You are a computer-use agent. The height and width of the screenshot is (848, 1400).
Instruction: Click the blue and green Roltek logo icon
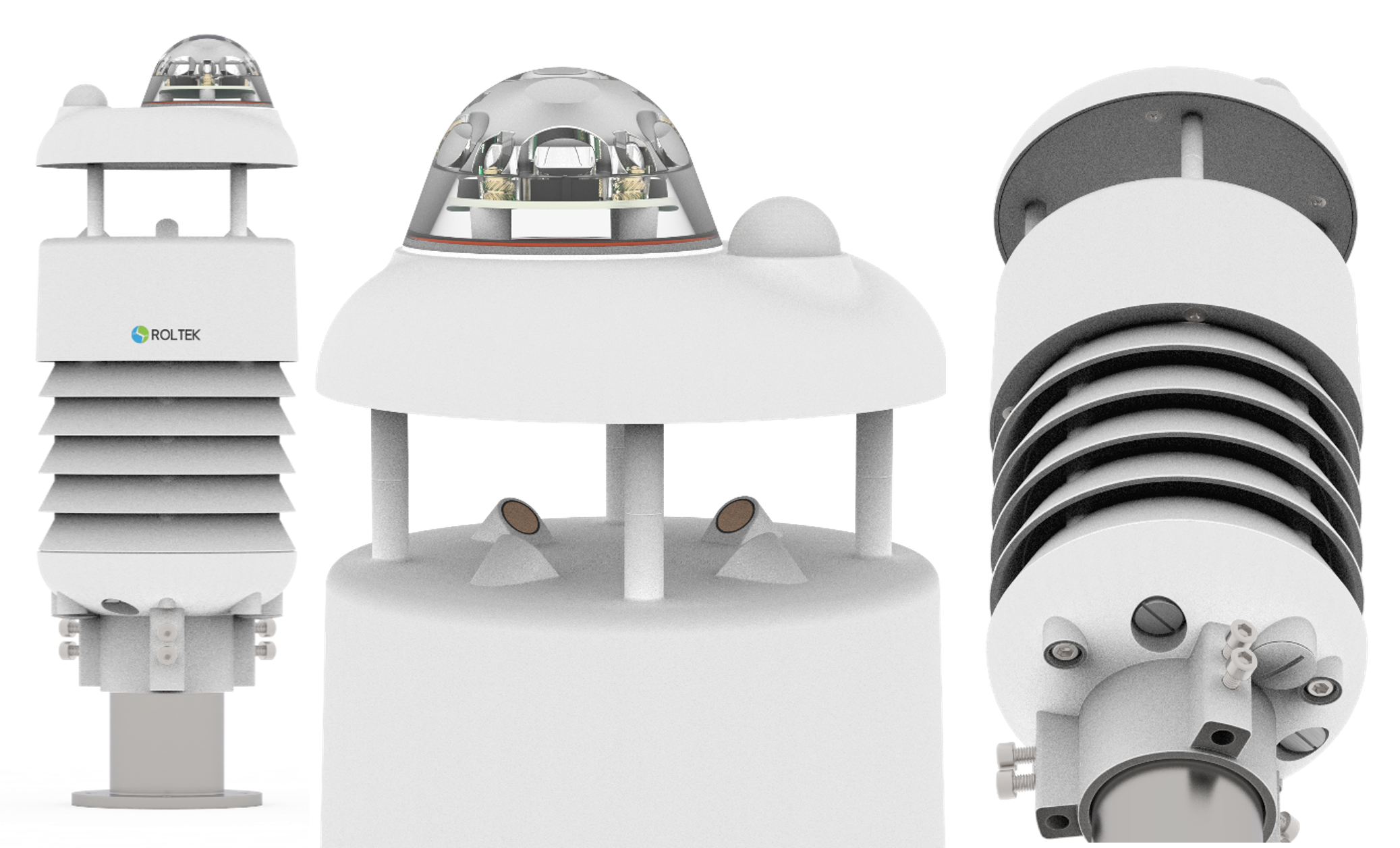140,334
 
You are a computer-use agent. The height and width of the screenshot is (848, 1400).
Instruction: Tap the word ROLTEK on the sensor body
175,335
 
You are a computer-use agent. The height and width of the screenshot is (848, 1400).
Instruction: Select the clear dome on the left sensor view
208,72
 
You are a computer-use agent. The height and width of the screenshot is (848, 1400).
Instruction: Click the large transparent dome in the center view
561,159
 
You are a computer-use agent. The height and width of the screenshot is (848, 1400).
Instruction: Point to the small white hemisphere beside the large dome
784,226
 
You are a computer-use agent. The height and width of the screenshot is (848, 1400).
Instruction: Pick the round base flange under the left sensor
167,798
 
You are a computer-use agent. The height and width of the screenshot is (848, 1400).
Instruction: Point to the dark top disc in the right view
1175,155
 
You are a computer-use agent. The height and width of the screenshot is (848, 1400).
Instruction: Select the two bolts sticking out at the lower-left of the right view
1015,766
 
